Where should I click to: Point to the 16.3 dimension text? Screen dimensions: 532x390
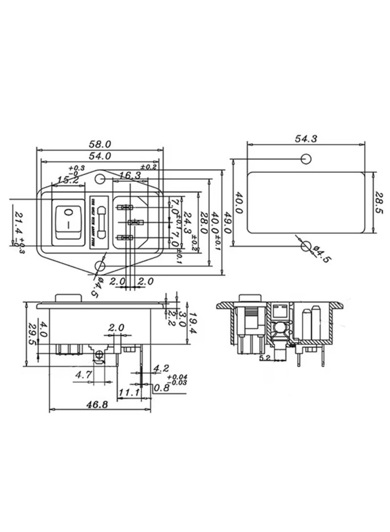click(130, 175)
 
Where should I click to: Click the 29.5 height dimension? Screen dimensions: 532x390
click(32, 334)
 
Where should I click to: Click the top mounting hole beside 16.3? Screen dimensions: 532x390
click(101, 180)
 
